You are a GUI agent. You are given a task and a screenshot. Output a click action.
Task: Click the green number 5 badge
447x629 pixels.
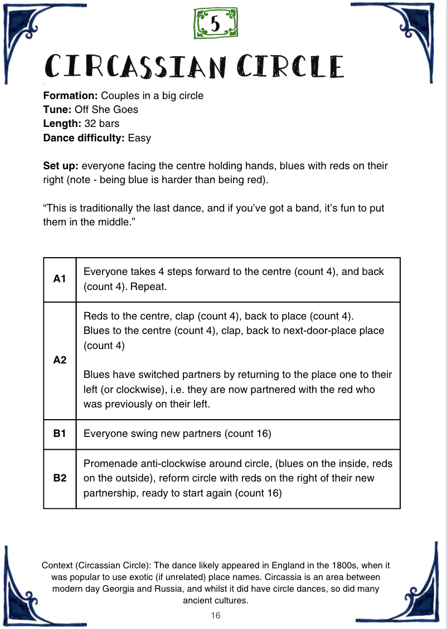click(x=215, y=24)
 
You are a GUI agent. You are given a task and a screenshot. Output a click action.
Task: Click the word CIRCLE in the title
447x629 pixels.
click(x=290, y=66)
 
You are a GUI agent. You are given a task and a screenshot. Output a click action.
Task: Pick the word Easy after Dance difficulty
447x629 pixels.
click(x=139, y=137)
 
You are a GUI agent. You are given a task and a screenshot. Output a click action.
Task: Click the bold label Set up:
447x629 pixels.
click(x=61, y=166)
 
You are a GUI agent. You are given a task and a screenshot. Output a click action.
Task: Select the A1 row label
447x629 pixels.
click(x=60, y=279)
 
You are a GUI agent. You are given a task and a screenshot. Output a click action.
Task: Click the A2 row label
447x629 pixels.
click(x=60, y=360)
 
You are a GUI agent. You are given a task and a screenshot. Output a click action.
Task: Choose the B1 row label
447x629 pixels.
click(x=60, y=434)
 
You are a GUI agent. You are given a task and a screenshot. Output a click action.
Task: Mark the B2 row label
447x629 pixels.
click(x=60, y=478)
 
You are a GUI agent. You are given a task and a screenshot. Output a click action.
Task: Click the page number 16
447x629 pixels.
click(x=216, y=616)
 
